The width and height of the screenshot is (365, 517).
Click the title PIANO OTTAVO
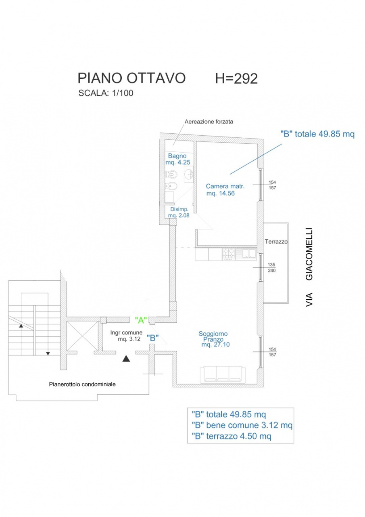point(131,78)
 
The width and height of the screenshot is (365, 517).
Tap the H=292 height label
point(236,78)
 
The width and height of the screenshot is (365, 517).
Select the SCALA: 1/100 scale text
point(106,93)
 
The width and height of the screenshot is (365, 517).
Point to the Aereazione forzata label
point(209,122)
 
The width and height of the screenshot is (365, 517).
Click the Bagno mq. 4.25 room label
point(178,159)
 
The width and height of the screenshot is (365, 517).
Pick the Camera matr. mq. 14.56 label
point(225,190)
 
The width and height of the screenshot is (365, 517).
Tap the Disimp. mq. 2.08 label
point(179,212)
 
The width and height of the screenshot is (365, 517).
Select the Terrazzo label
point(276,242)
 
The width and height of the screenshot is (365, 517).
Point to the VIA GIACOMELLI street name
point(309,267)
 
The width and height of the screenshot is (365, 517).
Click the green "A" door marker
point(141,320)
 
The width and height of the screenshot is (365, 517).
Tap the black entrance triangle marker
point(126,358)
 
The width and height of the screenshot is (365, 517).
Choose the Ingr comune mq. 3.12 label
point(127,336)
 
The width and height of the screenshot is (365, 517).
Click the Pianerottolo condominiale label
point(82,384)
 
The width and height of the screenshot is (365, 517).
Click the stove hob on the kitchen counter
point(228,254)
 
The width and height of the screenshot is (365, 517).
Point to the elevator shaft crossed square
point(83,336)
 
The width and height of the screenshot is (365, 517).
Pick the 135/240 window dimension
point(272,267)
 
